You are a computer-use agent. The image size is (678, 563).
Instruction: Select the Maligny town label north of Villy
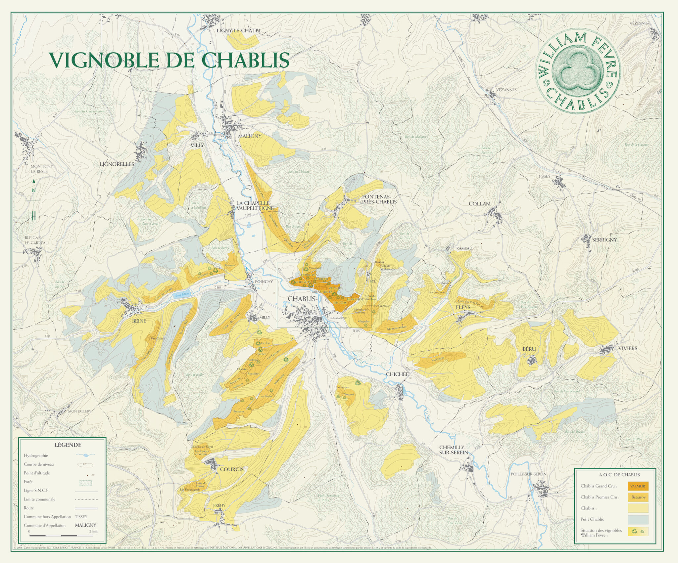(250, 136)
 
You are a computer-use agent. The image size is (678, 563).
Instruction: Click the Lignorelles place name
(117, 164)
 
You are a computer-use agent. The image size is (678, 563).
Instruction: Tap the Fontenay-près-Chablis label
(379, 199)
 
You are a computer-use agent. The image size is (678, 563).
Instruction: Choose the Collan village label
(479, 204)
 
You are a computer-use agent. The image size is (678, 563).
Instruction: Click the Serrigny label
(604, 239)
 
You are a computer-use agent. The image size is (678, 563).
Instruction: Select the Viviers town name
(628, 348)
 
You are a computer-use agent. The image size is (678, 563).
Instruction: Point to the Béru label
(529, 349)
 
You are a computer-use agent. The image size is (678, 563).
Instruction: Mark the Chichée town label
(397, 374)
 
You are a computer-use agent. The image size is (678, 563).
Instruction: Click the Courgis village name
(232, 469)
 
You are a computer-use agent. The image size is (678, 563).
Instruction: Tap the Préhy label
(219, 505)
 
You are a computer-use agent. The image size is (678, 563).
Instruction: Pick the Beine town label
(139, 321)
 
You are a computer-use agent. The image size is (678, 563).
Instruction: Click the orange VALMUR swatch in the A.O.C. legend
(638, 486)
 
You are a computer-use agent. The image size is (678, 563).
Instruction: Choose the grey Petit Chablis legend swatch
(638, 519)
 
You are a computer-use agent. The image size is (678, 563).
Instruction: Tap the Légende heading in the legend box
(68, 445)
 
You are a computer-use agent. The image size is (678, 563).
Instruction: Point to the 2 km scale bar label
(94, 532)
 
